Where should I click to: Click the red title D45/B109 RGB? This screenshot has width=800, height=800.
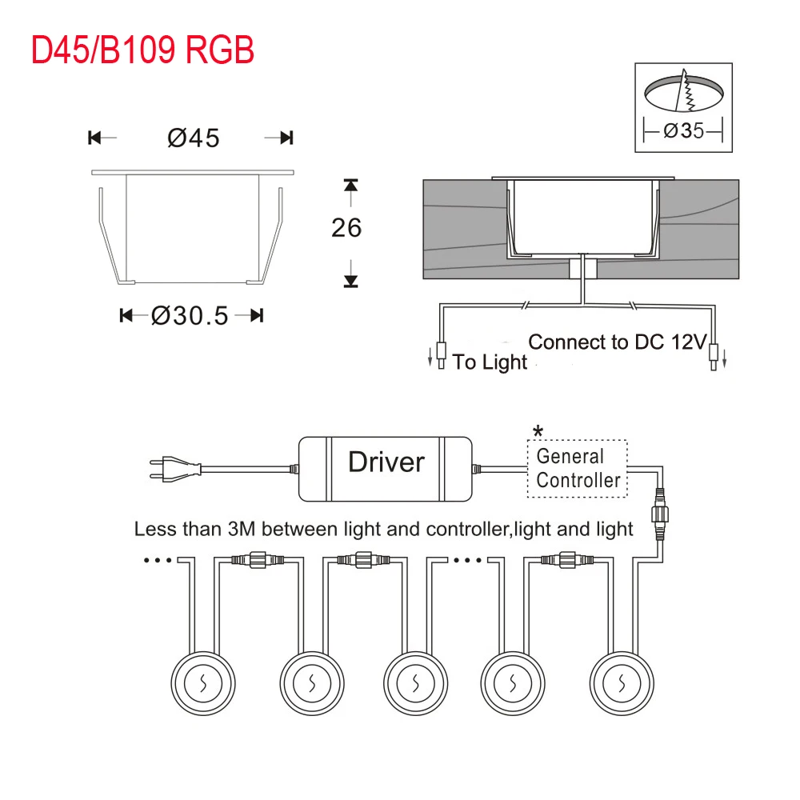(142, 50)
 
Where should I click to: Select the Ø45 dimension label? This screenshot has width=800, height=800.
(194, 138)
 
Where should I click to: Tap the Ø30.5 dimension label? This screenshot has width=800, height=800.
(190, 316)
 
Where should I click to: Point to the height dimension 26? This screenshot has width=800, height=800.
(346, 227)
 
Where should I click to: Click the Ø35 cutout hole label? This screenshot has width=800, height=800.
(684, 130)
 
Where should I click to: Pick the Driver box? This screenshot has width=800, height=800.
(386, 469)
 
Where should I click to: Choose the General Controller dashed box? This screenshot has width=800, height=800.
(577, 468)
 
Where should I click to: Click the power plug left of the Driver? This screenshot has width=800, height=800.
(175, 469)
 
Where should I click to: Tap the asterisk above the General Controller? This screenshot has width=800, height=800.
(538, 432)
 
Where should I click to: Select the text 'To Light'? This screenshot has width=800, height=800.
(490, 362)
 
